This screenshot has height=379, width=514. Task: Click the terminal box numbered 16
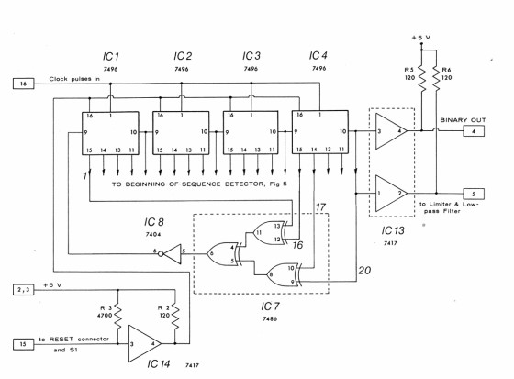pos(24,84)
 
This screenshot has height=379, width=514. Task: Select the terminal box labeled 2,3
pos(23,290)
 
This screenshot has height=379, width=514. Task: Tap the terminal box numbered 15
pos(23,344)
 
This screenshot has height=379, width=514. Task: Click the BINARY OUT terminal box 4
pos(474,131)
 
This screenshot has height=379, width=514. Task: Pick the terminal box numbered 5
pos(474,194)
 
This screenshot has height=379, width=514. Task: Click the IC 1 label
pos(111,56)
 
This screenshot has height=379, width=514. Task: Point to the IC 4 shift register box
pos(320,132)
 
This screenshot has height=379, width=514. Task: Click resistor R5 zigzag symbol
pos(422,79)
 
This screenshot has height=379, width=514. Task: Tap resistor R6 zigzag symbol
pos(436,79)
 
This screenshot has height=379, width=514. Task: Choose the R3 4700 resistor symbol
pos(118,317)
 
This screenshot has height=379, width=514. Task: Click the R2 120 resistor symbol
pos(175,317)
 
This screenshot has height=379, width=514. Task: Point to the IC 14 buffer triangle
pos(145,344)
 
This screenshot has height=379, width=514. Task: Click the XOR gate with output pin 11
pos(270,233)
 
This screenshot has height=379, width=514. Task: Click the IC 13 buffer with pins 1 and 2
pos(391,194)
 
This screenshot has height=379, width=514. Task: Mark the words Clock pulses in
pos(74,79)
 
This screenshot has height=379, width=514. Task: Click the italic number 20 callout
pos(364,271)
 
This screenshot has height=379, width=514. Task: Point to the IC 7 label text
pos(270,307)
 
